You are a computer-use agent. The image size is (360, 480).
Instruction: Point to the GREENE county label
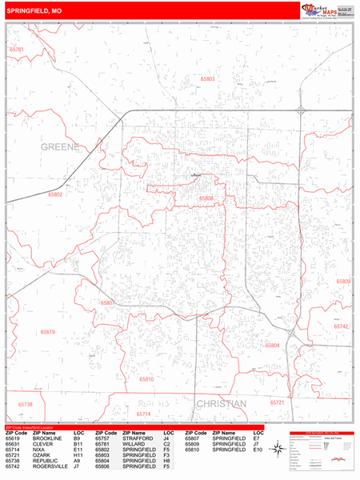(60, 147)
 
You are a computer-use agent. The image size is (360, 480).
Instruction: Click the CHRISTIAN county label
(221, 403)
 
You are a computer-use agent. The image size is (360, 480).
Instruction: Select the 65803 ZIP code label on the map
(207, 79)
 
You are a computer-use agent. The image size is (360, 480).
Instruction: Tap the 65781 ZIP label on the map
(17, 50)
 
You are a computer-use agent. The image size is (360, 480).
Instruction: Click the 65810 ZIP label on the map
(146, 378)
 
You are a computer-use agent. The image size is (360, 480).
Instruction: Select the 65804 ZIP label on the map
(273, 345)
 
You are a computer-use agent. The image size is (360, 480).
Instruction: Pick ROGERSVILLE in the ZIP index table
(47, 466)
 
